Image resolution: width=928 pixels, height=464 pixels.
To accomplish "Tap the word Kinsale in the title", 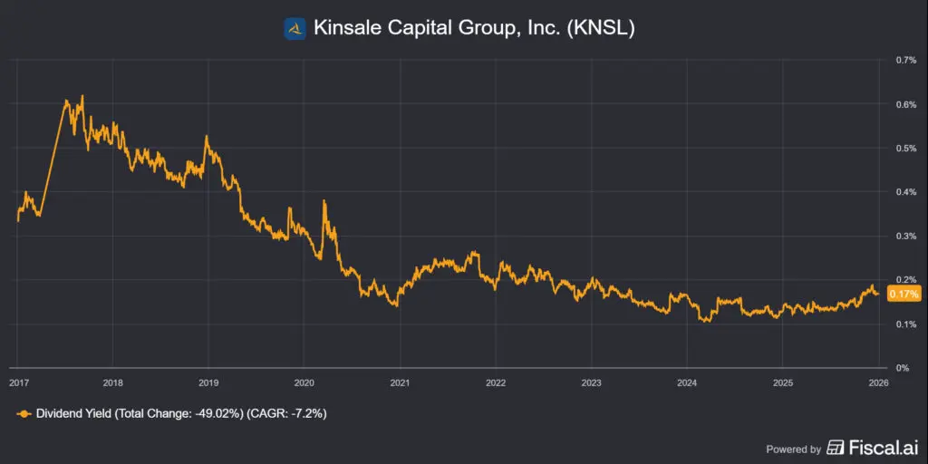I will [345, 29].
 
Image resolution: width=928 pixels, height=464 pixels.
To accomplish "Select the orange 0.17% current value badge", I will [904, 295].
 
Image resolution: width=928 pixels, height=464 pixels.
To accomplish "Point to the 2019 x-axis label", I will [208, 383].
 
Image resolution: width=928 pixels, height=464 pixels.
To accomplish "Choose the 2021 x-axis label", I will [400, 383].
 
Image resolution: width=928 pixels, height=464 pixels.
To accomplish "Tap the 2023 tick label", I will [591, 383].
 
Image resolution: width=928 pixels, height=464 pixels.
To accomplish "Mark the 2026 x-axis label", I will [877, 383].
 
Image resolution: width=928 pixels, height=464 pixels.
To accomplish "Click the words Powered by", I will [794, 449].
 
